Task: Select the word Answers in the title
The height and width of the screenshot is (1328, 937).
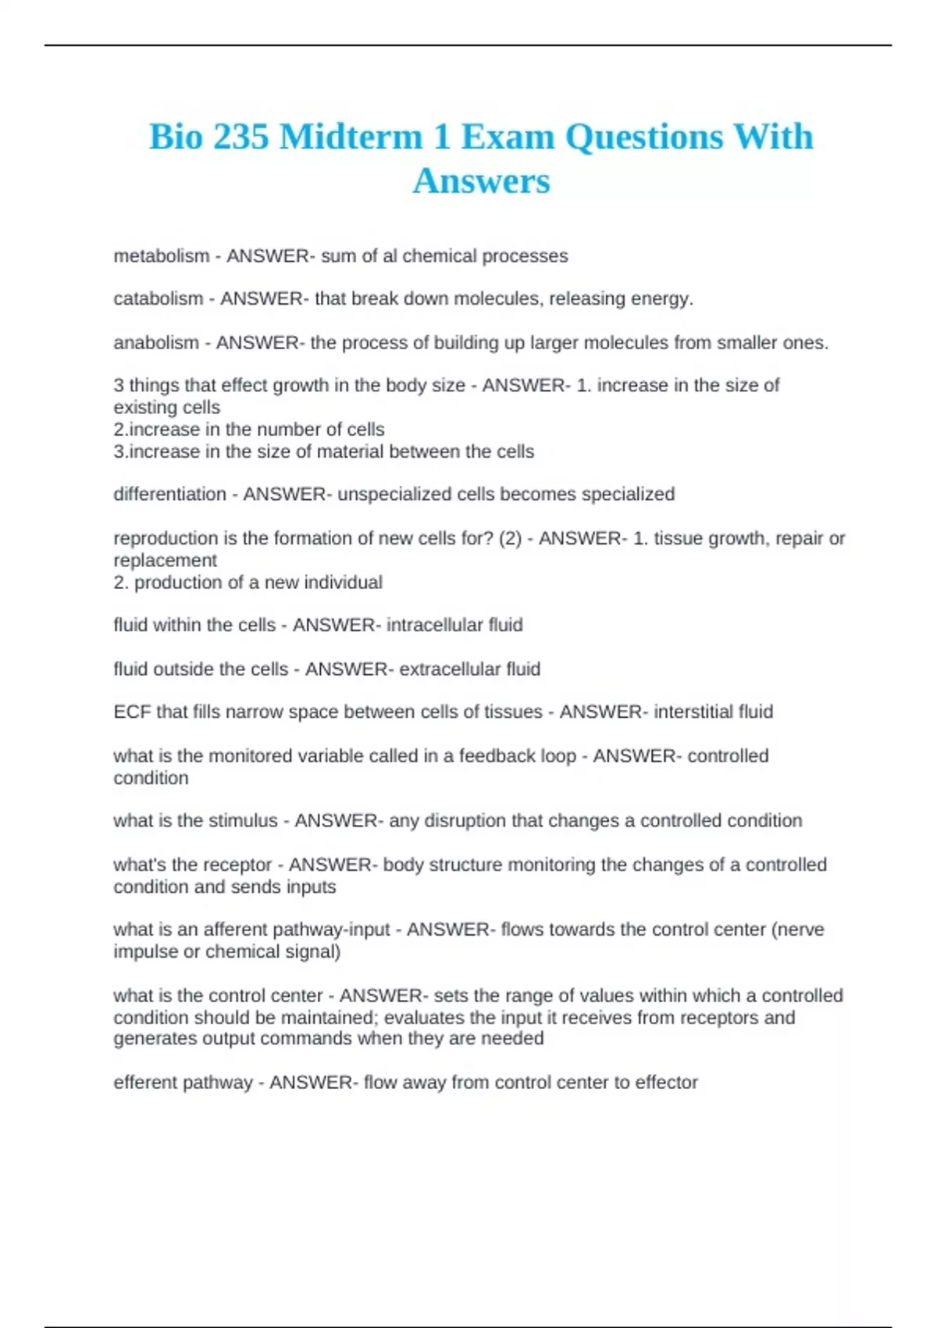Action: coord(481,181)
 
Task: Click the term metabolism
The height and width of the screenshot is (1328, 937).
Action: coord(162,256)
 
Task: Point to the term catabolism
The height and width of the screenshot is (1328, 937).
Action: coord(159,298)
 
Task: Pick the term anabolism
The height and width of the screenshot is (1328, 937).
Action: coord(156,343)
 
